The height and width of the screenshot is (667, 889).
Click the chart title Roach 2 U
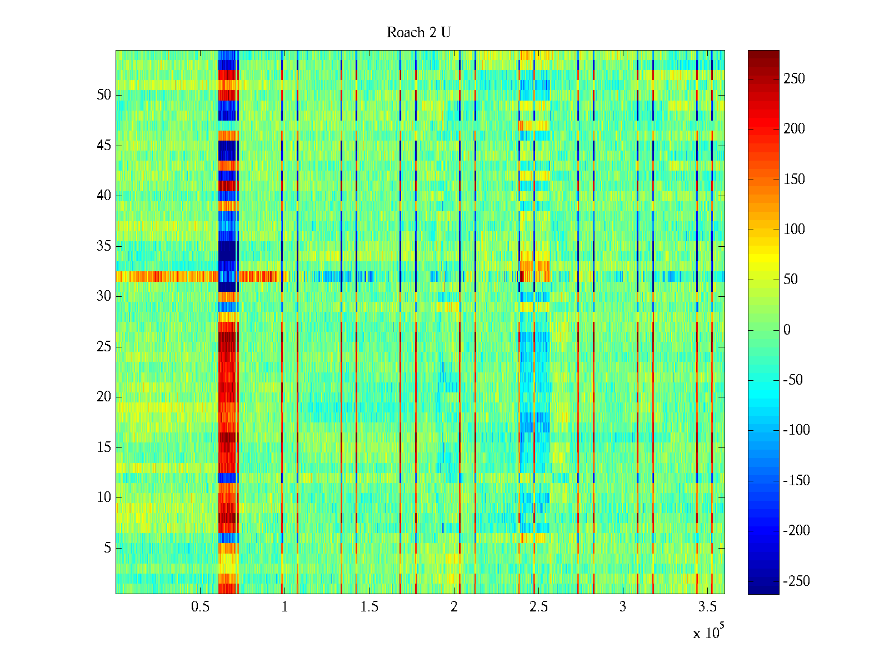[x=419, y=33]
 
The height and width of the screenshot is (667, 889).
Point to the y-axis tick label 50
[x=104, y=95]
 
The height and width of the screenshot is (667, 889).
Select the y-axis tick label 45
[x=104, y=146]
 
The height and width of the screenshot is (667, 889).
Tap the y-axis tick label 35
[x=104, y=246]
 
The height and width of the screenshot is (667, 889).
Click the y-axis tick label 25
[x=104, y=347]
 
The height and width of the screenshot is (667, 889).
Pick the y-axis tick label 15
[x=104, y=447]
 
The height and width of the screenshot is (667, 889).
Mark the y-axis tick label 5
[x=107, y=548]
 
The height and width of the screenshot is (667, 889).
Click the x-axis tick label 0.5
[x=200, y=607]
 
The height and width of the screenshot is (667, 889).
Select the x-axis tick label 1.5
[x=369, y=607]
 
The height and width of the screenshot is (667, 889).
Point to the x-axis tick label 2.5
[x=538, y=607]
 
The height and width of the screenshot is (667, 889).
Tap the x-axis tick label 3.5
[x=707, y=607]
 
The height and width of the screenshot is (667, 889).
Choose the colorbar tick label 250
[x=794, y=79]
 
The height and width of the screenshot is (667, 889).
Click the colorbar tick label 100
[x=794, y=230]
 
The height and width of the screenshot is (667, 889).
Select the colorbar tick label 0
[x=787, y=330]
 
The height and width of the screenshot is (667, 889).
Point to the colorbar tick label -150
[x=796, y=481]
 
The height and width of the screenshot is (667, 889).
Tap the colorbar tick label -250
[x=796, y=581]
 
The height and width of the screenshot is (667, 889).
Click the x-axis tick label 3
[x=623, y=607]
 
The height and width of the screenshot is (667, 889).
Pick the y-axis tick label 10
[x=104, y=497]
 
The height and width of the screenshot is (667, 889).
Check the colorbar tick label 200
[x=794, y=129]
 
